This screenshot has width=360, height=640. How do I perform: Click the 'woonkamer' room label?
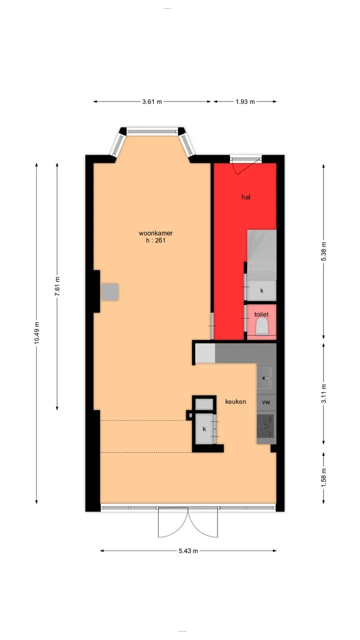tap(155, 233)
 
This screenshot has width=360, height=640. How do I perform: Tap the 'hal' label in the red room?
tap(246, 197)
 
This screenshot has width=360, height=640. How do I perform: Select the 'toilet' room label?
tap(261, 314)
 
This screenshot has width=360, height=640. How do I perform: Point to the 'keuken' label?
tap(235, 401)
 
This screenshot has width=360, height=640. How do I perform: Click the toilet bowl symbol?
tap(262, 327)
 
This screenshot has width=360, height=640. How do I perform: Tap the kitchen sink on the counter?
tap(266, 378)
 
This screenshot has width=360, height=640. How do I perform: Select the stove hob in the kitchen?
tap(265, 426)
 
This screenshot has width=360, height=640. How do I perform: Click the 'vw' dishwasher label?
tap(266, 402)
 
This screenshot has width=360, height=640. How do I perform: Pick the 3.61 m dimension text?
tap(152, 101)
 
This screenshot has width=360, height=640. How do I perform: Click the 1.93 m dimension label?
tap(245, 101)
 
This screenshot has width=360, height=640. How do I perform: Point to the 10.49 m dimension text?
tap(36, 332)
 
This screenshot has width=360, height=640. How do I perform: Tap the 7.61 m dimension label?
tap(57, 286)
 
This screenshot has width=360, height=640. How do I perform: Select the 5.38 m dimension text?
tap(323, 251)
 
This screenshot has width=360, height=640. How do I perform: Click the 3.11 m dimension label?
tap(323, 393)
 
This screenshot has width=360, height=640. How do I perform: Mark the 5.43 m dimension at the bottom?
tap(188, 551)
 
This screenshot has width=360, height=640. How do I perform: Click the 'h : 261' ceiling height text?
tap(155, 240)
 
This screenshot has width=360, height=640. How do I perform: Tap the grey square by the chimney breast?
tap(110, 291)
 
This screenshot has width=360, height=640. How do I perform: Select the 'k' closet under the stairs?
tap(261, 290)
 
